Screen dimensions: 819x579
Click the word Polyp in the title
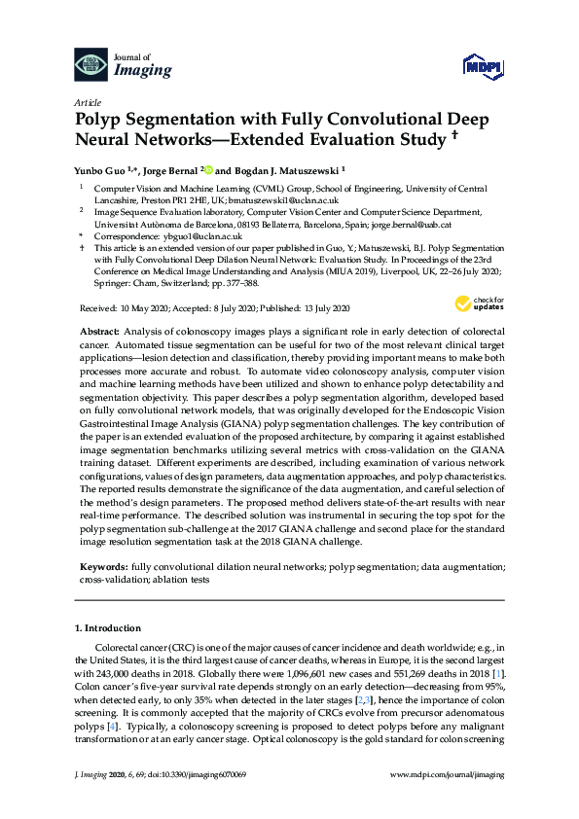pos(101,120)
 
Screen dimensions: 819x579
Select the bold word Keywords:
pos(104,565)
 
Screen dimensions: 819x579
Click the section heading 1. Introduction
pos(109,629)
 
